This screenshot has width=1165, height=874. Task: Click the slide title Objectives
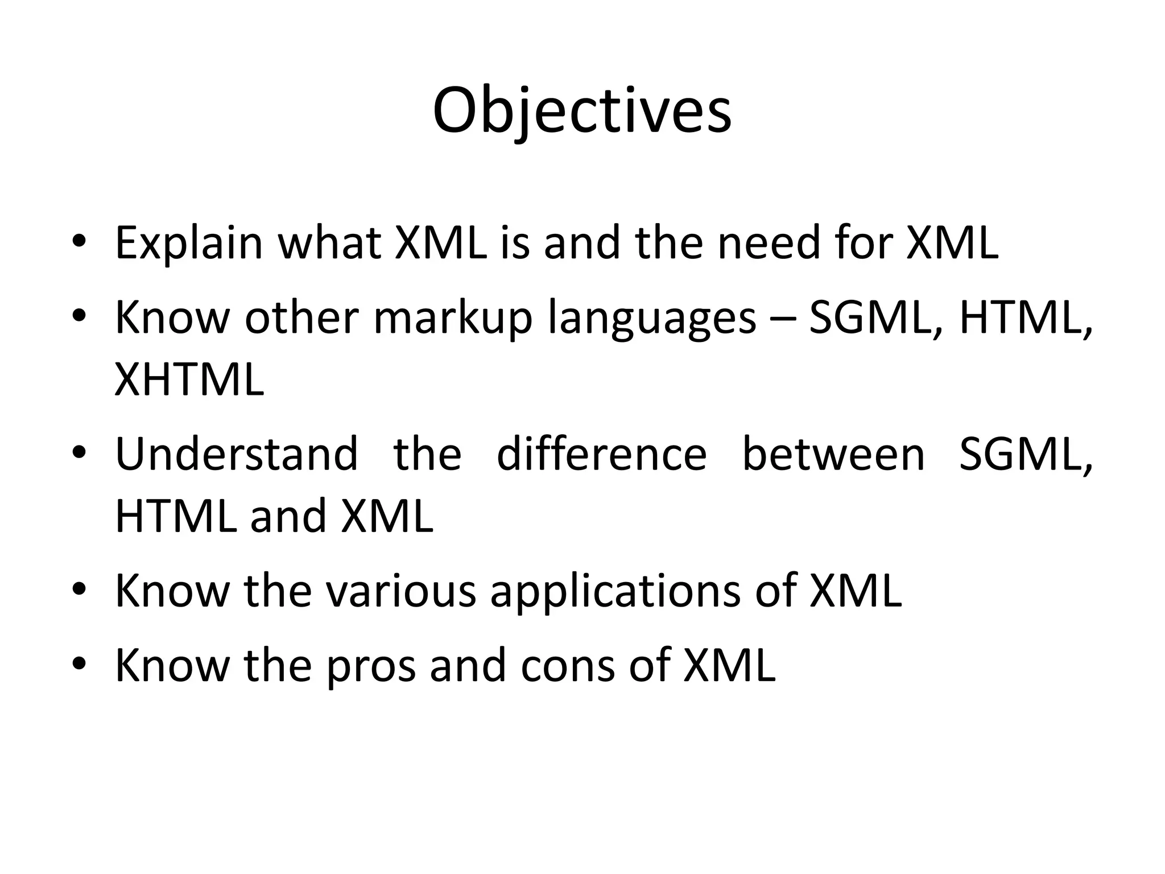[x=581, y=111]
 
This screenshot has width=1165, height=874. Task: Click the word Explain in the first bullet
[x=188, y=244]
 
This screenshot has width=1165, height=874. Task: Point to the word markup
[x=453, y=318]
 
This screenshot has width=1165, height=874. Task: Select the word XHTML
[x=189, y=380]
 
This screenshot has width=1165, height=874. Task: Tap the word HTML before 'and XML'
[x=176, y=516]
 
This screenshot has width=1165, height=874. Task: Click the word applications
[x=615, y=592]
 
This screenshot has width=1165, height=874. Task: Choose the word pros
[x=370, y=666]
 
